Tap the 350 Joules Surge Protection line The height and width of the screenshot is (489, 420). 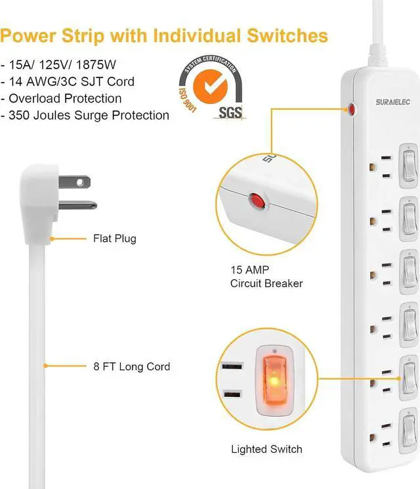(x=89, y=115)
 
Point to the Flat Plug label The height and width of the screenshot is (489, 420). (x=115, y=238)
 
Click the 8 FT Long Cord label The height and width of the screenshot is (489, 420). (x=131, y=366)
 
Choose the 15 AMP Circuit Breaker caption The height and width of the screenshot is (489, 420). (x=266, y=277)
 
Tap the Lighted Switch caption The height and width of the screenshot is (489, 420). (x=266, y=449)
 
